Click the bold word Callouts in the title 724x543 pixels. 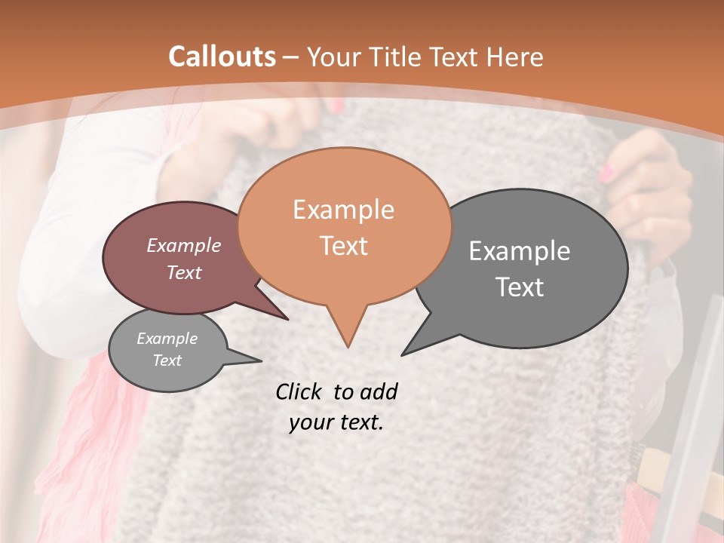point(222,57)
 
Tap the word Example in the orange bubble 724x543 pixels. point(343,210)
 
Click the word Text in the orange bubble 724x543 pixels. point(343,246)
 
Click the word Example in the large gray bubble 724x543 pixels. point(520,251)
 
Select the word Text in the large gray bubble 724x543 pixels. point(520,287)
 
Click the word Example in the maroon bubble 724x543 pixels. point(184,245)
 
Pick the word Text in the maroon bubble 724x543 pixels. point(184,272)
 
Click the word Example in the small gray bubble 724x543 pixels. point(167,339)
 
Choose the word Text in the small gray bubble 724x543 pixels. point(167,360)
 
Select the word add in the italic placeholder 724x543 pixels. point(379,391)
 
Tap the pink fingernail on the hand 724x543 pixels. point(606,173)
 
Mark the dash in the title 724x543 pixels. point(291,58)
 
